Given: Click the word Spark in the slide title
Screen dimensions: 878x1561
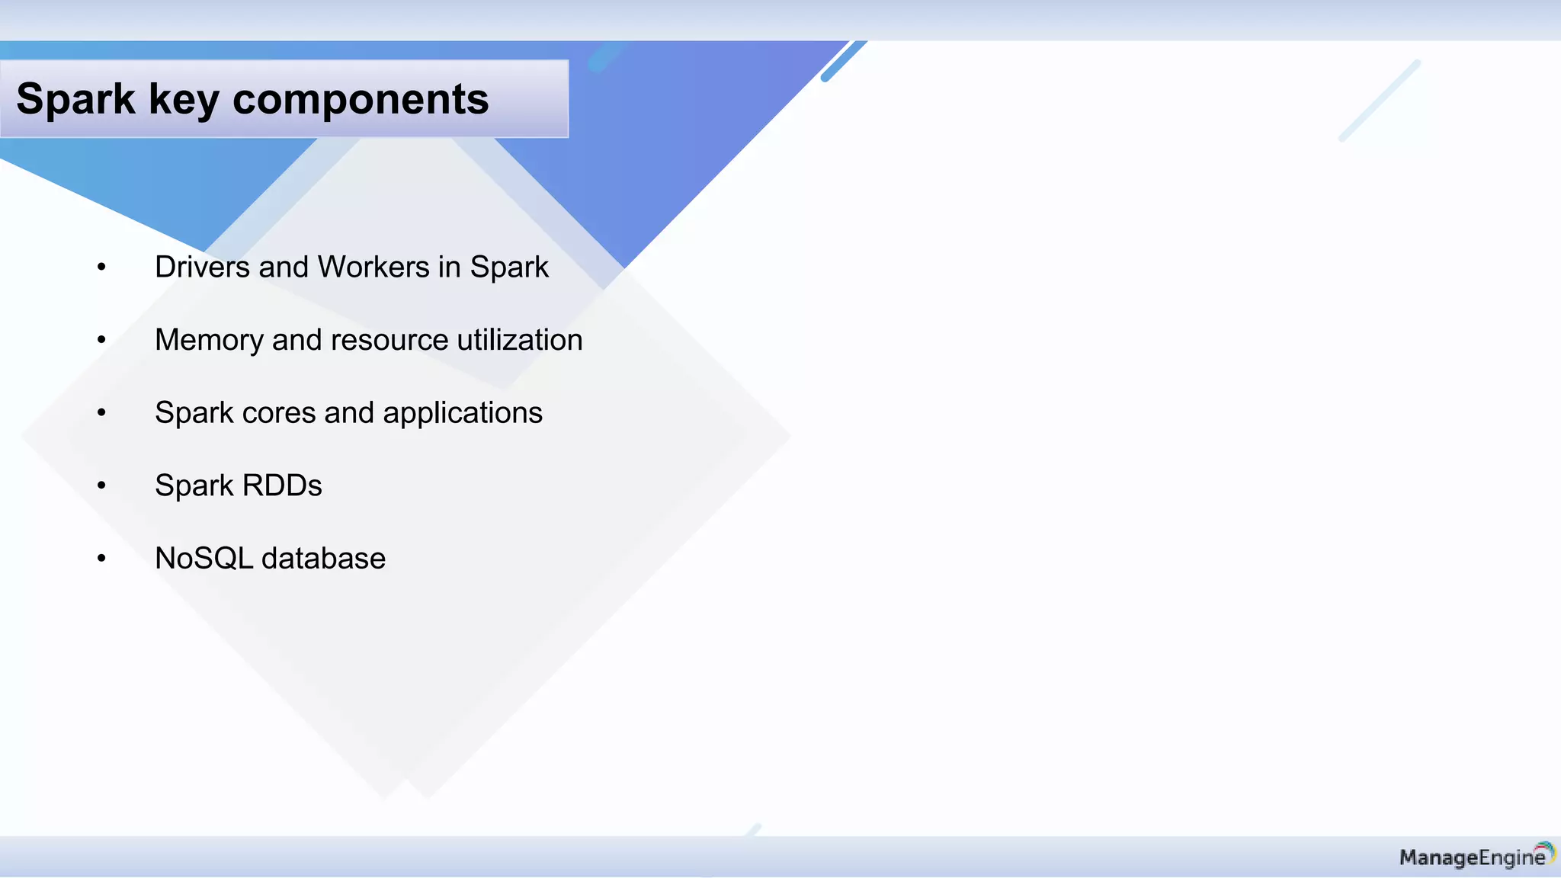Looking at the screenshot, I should [75, 100].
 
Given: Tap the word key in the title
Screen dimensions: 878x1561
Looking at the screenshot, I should [183, 100].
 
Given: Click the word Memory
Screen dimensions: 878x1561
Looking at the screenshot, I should [208, 341].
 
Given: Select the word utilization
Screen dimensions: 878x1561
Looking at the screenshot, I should [520, 340].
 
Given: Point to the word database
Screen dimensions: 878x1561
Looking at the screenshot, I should [323, 559].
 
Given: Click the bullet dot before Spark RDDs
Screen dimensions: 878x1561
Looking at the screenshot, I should [101, 485].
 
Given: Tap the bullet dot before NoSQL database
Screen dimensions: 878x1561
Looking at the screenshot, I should [101, 559].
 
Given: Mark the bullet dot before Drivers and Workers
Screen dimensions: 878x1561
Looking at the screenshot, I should [101, 268].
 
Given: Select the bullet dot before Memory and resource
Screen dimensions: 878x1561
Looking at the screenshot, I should [101, 340].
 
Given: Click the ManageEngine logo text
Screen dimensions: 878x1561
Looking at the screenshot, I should [1471, 858].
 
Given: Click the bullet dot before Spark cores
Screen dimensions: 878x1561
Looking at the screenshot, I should [101, 413].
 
